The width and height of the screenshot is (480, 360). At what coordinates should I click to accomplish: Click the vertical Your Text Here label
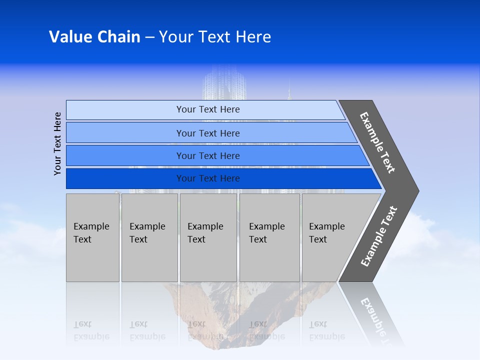pos(57,143)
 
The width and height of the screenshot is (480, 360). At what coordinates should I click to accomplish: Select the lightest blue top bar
pos(207,109)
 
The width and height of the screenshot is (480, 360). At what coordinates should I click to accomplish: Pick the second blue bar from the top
pos(207,133)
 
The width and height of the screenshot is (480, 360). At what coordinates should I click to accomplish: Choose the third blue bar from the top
pos(207,155)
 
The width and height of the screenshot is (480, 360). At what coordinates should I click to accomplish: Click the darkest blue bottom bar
pos(207,178)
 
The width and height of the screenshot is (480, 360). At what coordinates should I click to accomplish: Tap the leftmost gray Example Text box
pos(92,237)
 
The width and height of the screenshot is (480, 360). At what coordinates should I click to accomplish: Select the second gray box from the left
pos(149,237)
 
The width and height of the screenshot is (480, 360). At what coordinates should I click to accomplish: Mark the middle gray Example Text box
pos(208,237)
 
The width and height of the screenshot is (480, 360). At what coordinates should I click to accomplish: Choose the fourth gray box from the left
pos(269,237)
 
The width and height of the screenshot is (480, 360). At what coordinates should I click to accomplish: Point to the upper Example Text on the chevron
pos(377,142)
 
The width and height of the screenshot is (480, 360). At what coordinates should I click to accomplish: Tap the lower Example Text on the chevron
pos(378,236)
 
